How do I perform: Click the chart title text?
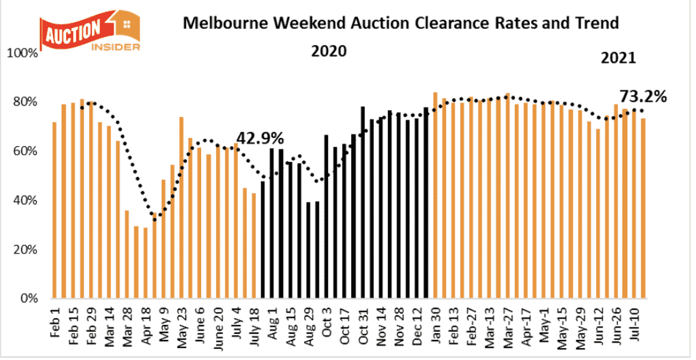[400, 24]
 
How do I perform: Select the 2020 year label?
[329, 51]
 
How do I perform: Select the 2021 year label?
[618, 58]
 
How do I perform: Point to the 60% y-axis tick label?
[26, 152]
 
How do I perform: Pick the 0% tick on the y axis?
[29, 299]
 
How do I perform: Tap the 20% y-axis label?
[26, 250]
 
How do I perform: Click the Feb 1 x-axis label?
[55, 321]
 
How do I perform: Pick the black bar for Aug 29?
[309, 250]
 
